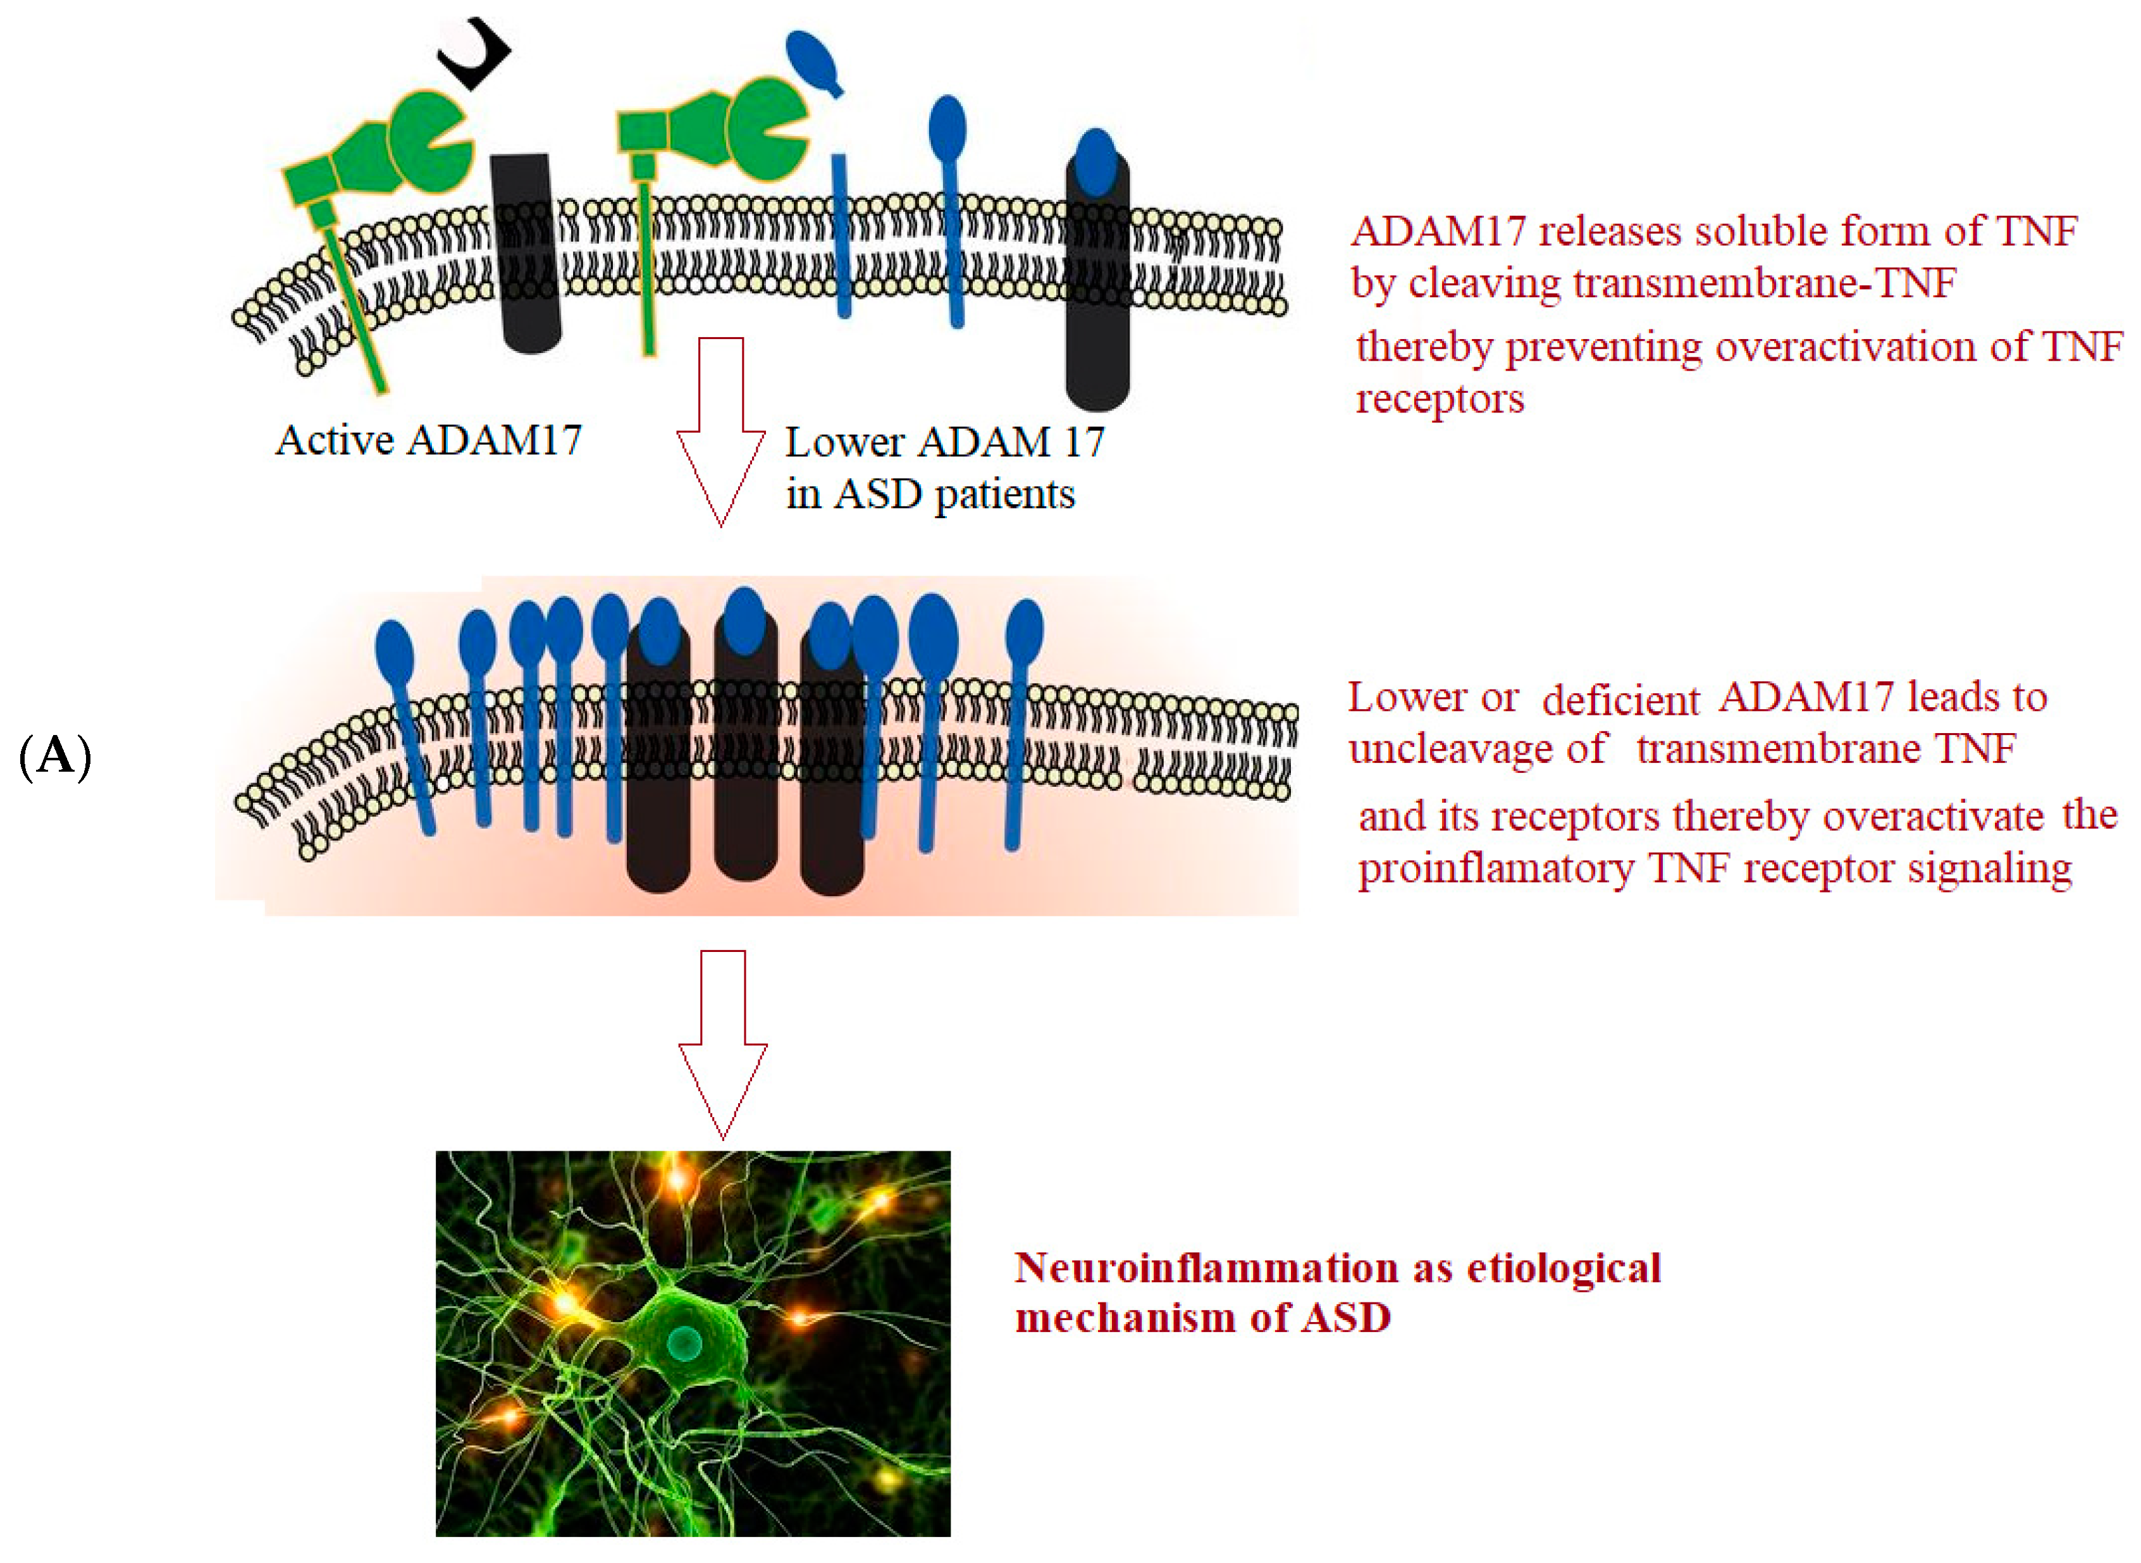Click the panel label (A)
[x=55, y=757]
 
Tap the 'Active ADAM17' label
[x=429, y=441]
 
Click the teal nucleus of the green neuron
[x=683, y=1340]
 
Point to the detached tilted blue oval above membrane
[x=815, y=61]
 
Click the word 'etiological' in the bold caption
[x=1564, y=1268]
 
